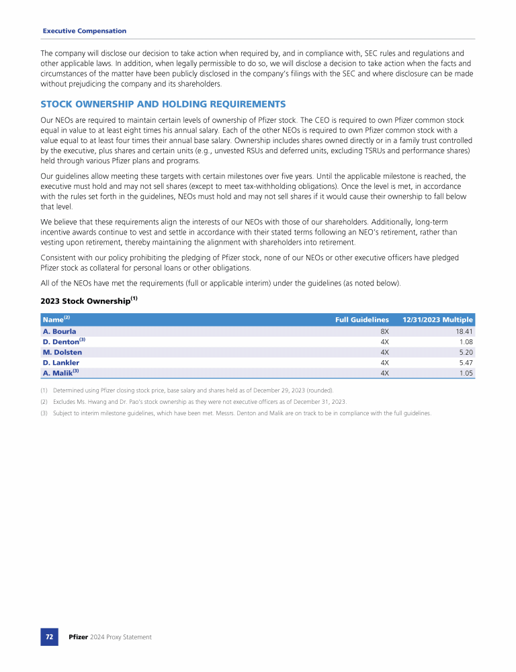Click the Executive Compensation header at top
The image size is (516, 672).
click(x=84, y=31)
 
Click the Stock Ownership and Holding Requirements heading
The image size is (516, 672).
click(x=163, y=104)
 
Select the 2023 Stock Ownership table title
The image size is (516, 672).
click(x=89, y=301)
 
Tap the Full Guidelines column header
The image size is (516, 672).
click(x=362, y=319)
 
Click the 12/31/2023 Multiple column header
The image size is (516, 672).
click(x=437, y=319)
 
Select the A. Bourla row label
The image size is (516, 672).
click(x=59, y=331)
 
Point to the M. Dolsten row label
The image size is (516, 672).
click(x=62, y=352)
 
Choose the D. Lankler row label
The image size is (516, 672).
click(x=60, y=362)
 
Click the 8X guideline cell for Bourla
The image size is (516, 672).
click(x=384, y=331)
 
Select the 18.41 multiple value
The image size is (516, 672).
click(x=464, y=331)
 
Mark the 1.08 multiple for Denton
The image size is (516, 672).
click(x=466, y=341)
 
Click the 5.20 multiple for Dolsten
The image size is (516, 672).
click(x=466, y=352)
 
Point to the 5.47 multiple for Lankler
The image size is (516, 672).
click(x=466, y=362)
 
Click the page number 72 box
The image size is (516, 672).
click(x=50, y=636)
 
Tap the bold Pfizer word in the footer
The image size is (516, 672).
click(x=79, y=636)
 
